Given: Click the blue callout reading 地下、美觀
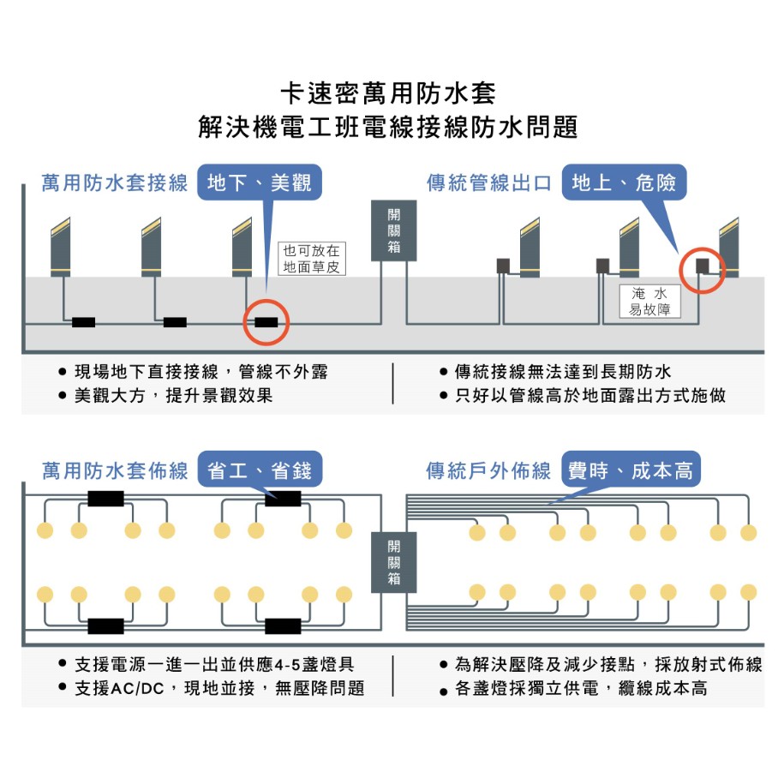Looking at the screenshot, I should [x=260, y=183].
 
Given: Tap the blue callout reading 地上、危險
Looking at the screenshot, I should [x=625, y=183].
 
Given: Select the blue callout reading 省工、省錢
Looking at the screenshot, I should [x=260, y=470].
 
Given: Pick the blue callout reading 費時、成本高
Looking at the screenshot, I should [x=631, y=470].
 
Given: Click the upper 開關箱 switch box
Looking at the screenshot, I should [x=393, y=230].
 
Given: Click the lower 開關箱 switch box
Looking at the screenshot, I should [x=393, y=562].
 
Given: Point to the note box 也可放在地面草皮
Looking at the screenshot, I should [x=312, y=259].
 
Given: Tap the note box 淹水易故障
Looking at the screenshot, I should [x=649, y=301].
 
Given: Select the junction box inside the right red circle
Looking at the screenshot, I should [x=703, y=266].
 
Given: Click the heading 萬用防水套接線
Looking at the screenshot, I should [x=115, y=183].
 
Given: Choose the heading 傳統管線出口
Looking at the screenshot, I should [x=489, y=183].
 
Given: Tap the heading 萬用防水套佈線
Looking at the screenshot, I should [x=115, y=470].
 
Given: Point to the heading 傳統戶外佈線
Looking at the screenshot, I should [x=489, y=470].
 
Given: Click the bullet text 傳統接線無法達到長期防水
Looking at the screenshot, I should [x=563, y=372].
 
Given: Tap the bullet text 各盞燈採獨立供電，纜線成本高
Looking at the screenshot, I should [x=581, y=688].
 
